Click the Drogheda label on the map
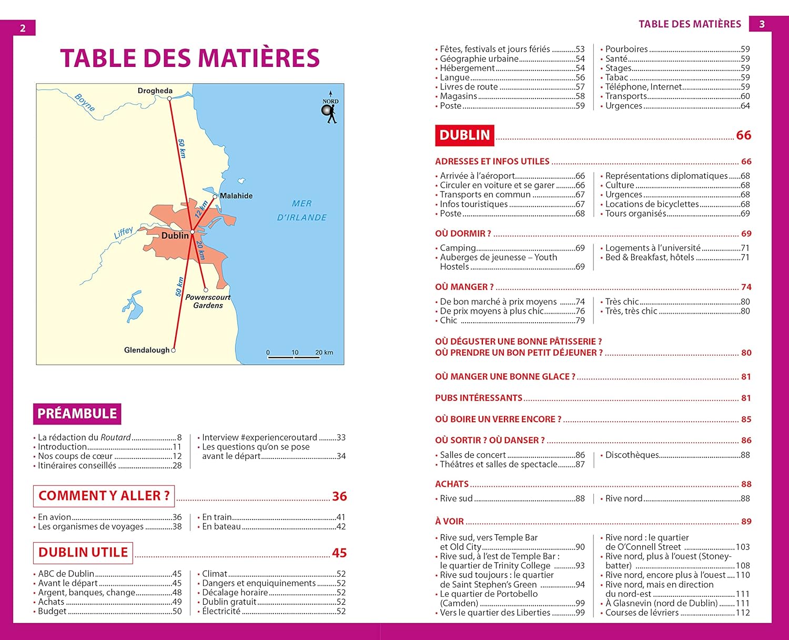point(155,91)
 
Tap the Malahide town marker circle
point(215,196)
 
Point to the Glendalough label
point(147,350)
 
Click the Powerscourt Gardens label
point(208,301)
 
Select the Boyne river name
point(85,102)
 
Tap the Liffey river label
point(124,233)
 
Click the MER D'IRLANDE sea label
point(301,211)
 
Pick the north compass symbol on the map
point(330,108)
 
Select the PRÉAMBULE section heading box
point(77,414)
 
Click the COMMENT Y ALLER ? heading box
point(104,496)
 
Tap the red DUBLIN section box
point(464,135)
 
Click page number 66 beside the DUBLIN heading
point(743,135)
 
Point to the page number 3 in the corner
point(762,24)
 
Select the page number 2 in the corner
point(23,28)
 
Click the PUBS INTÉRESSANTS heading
point(479,398)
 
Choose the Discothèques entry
point(632,455)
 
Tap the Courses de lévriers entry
point(642,613)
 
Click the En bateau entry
point(221,526)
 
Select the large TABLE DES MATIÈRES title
point(190,58)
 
